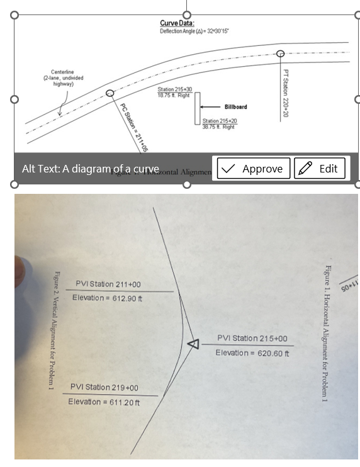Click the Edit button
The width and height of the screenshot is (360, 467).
(x=319, y=169)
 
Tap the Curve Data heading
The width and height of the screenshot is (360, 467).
(x=177, y=23)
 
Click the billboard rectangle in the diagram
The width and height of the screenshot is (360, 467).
(x=197, y=108)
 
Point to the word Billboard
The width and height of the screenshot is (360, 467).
(x=235, y=107)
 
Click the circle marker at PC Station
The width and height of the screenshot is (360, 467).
(x=110, y=93)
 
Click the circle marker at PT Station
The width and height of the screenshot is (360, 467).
(x=281, y=53)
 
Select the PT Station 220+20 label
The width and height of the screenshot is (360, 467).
(x=286, y=93)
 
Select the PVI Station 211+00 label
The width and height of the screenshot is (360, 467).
(x=108, y=284)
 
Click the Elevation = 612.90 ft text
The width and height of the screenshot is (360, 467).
(x=106, y=298)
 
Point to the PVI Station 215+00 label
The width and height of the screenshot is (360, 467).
(x=252, y=339)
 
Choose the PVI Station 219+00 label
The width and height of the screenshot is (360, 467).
(x=104, y=388)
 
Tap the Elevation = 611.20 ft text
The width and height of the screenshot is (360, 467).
(x=104, y=402)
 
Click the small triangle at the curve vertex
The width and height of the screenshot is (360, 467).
(x=193, y=343)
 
